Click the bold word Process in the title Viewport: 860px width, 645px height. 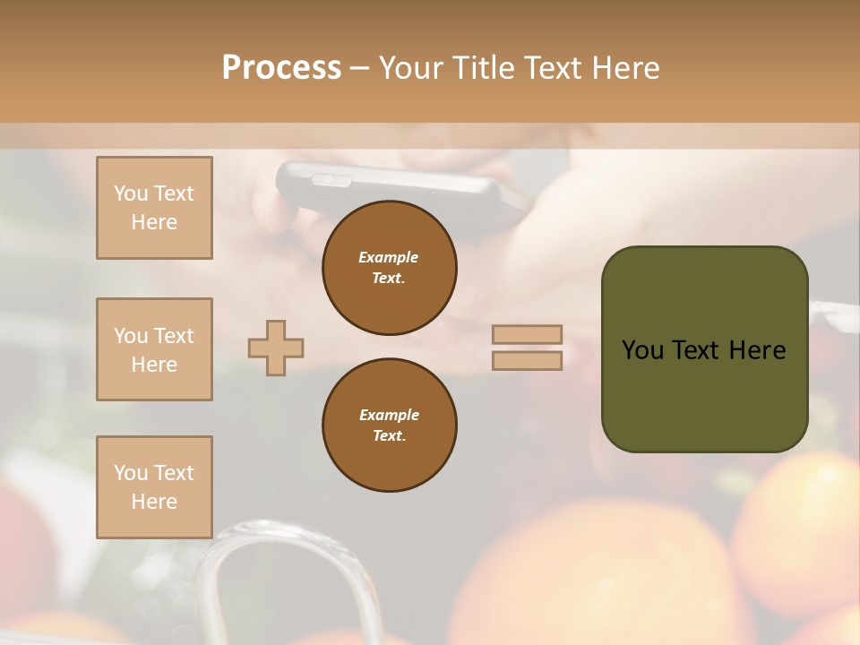click(281, 68)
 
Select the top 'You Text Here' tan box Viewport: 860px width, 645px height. click(154, 208)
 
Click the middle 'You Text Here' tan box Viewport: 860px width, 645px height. click(154, 349)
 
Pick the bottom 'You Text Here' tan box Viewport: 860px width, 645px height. click(154, 487)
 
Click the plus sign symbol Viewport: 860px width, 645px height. click(276, 348)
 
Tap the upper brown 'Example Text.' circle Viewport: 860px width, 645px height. click(390, 268)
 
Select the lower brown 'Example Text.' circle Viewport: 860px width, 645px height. click(390, 426)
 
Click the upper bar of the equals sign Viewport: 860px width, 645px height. click(527, 335)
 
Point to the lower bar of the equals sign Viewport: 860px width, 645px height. click(527, 360)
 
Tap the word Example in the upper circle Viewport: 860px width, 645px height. click(389, 258)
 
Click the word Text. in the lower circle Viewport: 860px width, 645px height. click(389, 436)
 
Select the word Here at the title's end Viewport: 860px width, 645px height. click(626, 68)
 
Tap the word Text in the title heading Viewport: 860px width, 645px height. click(553, 68)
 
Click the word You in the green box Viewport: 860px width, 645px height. click(642, 350)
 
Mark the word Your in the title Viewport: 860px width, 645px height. click(411, 68)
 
